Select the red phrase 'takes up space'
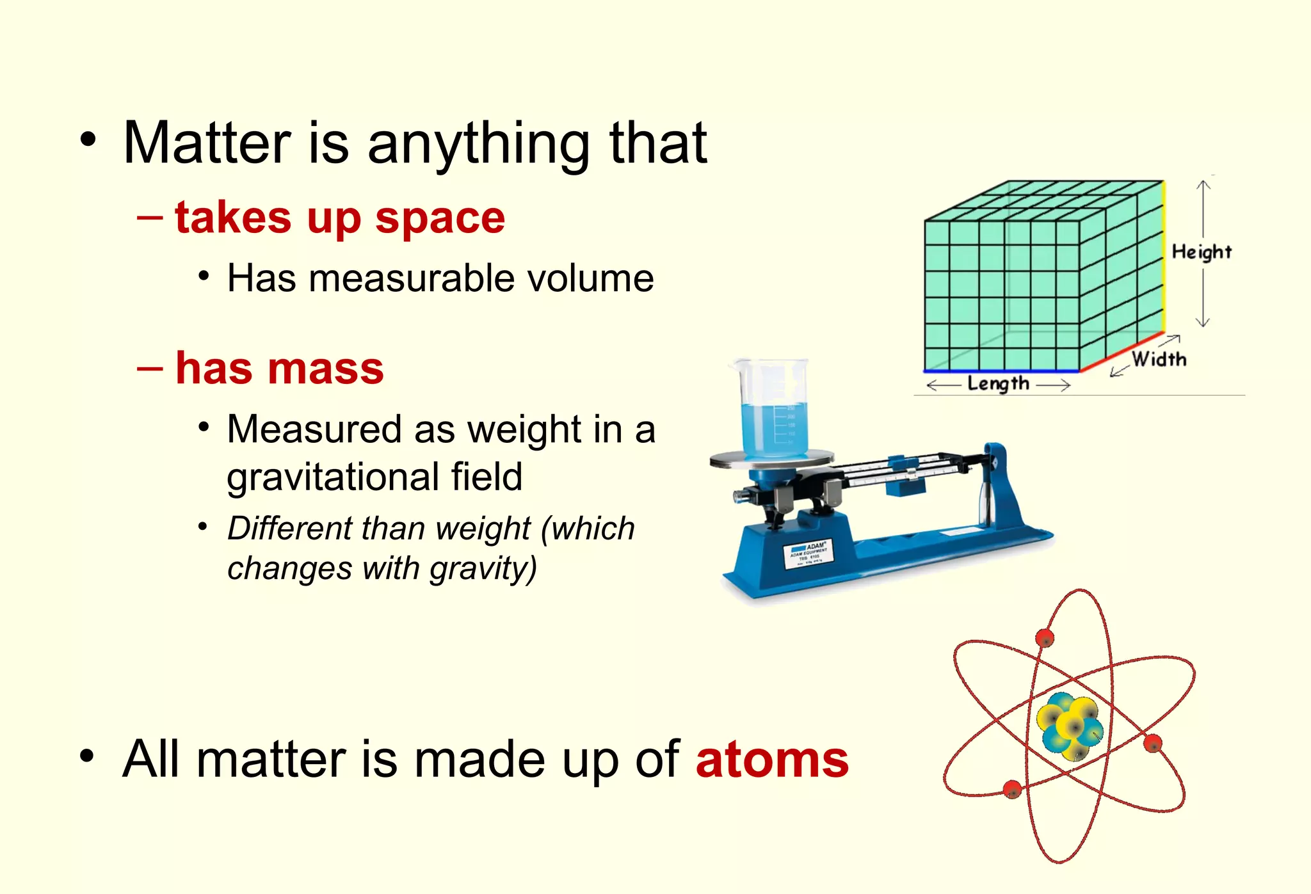tap(339, 218)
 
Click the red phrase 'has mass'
tap(279, 369)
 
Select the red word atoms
tap(772, 760)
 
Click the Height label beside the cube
tap(1201, 252)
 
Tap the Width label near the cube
tap(1159, 359)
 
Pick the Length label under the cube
tap(998, 384)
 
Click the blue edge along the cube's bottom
tap(1002, 371)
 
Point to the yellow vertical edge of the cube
tap(1164, 256)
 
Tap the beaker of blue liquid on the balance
tap(773, 410)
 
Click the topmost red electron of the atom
tap(1045, 638)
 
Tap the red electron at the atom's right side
tap(1152, 744)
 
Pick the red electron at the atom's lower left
tap(1012, 790)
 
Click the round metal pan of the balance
tap(772, 459)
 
